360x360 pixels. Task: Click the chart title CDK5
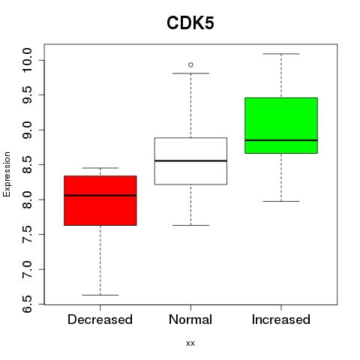pos(190,23)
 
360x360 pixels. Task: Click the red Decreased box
pos(100,200)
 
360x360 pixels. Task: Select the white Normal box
pos(190,161)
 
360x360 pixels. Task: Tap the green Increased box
pos(281,125)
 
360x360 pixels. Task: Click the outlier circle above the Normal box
pos(190,65)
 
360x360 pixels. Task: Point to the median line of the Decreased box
pos(100,196)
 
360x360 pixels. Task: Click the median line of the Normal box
pos(190,160)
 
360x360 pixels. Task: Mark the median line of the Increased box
pos(281,140)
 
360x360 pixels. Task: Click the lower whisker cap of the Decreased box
pos(100,295)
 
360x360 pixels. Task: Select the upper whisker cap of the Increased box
pos(281,54)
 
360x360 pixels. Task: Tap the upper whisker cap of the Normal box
pos(190,73)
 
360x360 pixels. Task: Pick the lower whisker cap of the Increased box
pos(281,201)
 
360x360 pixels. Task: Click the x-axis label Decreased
pos(100,319)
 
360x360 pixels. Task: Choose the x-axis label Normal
pos(190,319)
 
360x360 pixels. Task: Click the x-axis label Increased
pos(281,319)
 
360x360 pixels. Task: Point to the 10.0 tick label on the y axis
pos(27,60)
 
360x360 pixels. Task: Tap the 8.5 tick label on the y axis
pos(27,165)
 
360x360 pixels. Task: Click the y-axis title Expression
pos(7,174)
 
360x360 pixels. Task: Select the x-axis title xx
pos(190,343)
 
